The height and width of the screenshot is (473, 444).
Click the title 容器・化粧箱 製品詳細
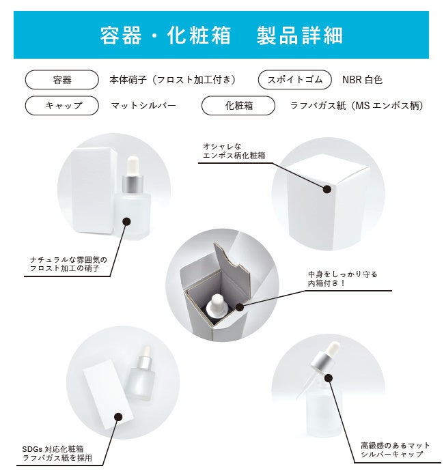221,35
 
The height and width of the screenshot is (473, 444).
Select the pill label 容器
62,80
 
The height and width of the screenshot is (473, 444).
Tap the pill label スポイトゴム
295,80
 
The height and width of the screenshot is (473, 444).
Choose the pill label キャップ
62,105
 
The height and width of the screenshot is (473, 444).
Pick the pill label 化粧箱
238,105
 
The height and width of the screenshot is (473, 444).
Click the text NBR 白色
362,80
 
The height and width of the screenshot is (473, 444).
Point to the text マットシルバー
143,106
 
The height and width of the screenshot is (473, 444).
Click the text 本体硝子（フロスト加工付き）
172,80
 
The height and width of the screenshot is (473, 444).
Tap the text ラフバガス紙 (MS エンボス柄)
356,106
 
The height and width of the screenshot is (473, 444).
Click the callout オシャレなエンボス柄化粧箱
234,151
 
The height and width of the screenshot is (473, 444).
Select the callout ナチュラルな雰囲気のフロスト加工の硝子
68,264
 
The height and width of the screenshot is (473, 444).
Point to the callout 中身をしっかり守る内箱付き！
343,278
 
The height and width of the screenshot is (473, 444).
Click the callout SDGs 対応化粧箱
53,449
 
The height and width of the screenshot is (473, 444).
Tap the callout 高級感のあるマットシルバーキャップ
395,450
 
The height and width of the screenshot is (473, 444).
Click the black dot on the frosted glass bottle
127,222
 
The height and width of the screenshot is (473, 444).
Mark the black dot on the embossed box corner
327,190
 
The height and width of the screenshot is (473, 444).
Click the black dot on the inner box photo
239,307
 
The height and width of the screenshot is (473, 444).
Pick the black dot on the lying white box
119,417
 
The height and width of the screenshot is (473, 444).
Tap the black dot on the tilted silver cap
330,378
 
